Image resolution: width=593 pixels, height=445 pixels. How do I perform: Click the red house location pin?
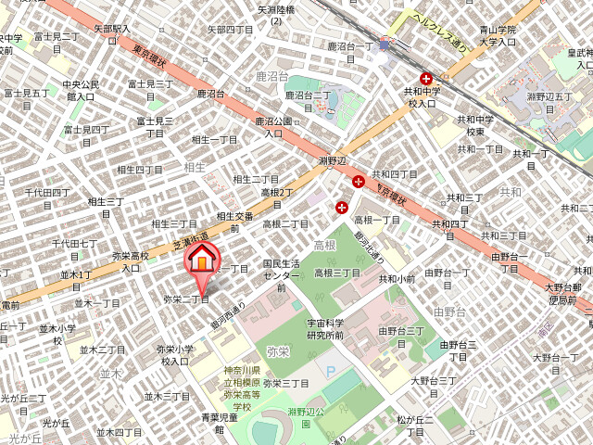[202, 261]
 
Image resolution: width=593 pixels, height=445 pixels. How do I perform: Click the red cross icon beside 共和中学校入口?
[426, 80]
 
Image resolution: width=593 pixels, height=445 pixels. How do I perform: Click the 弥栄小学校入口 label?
[174, 355]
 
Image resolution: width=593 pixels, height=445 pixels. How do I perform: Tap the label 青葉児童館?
[220, 423]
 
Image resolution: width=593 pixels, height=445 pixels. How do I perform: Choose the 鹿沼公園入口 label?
[273, 127]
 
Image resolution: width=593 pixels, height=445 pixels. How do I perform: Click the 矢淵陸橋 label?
[275, 14]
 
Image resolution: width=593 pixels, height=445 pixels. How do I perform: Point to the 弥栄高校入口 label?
[130, 261]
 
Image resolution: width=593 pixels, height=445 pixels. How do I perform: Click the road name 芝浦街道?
[189, 242]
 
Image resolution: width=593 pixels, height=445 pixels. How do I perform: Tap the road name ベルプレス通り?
[440, 28]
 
